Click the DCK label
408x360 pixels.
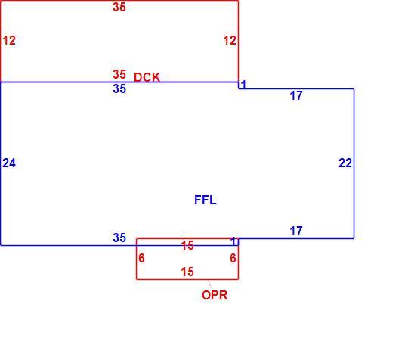pyautogui.click(x=147, y=77)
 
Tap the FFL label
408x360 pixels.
pyautogui.click(x=206, y=200)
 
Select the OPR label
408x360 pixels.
pyautogui.click(x=215, y=295)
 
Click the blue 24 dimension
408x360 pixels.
pyautogui.click(x=9, y=163)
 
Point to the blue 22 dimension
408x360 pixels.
pyautogui.click(x=345, y=163)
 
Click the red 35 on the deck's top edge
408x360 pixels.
pyautogui.click(x=119, y=7)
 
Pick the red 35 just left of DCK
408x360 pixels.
pyautogui.click(x=119, y=74)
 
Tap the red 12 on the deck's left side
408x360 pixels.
pyautogui.click(x=9, y=40)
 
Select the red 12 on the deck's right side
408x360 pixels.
pyautogui.click(x=230, y=40)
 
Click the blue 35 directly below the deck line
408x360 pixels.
pyautogui.click(x=119, y=88)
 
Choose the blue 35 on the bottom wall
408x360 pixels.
pyautogui.click(x=119, y=237)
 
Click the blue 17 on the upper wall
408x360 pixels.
pyautogui.click(x=296, y=95)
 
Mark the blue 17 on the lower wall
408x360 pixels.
pyautogui.click(x=296, y=231)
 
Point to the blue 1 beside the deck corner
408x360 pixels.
pyautogui.click(x=243, y=85)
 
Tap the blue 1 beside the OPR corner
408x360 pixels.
pyautogui.click(x=234, y=241)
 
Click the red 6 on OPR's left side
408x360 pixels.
pyautogui.click(x=141, y=258)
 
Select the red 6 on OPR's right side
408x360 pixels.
pyautogui.click(x=233, y=258)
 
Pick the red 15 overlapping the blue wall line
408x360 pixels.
pyautogui.click(x=187, y=245)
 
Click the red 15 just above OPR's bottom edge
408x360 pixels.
pyautogui.click(x=187, y=272)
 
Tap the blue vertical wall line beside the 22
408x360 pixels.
pyautogui.click(x=354, y=163)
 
